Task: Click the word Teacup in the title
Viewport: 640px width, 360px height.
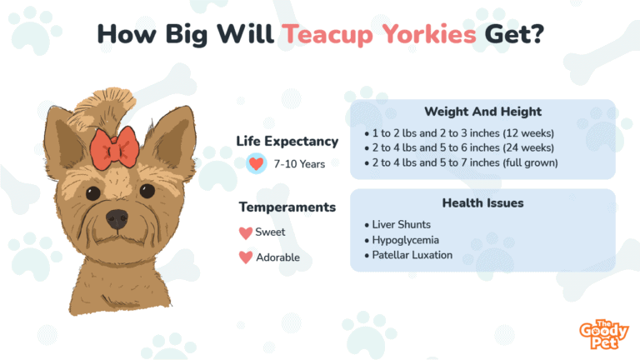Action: click(327, 34)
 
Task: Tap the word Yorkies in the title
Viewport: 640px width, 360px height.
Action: click(429, 33)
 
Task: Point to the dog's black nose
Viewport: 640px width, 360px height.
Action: click(117, 219)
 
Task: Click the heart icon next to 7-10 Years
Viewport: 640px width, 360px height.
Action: click(257, 163)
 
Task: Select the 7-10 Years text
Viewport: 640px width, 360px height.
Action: click(299, 164)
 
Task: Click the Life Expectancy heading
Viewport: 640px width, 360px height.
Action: click(287, 141)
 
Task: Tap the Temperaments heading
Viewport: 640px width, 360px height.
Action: click(287, 207)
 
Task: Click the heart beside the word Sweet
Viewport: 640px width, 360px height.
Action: click(246, 233)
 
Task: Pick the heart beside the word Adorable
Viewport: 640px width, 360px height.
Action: click(246, 257)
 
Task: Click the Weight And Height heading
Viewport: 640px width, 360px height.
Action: click(482, 112)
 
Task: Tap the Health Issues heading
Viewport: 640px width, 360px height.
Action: click(482, 202)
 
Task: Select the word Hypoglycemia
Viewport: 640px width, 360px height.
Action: click(405, 240)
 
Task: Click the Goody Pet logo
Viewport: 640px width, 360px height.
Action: click(603, 334)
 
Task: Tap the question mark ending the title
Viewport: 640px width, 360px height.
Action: click(537, 33)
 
